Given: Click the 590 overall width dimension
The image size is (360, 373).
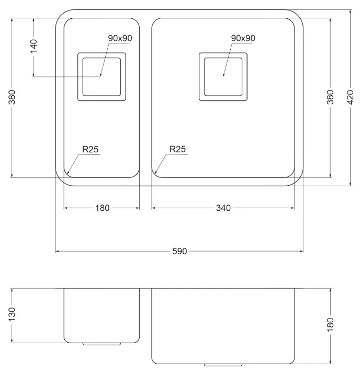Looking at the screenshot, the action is point(179,251).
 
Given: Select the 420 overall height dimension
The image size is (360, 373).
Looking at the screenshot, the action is point(351,97).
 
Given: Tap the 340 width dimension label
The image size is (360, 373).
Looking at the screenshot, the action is point(223,208).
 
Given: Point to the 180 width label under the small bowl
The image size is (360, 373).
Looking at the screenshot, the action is point(103,208).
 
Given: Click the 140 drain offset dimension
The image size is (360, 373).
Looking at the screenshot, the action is point(33,46).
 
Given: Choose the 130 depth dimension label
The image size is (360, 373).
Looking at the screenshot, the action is point(12,314).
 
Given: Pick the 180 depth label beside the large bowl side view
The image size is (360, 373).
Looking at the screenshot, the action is point(330,324).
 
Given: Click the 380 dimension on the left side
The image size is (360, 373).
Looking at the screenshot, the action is point(12,97).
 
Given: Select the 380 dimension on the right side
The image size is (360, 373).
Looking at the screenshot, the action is point(330,97).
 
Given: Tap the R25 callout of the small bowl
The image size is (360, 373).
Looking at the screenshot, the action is point(90,150).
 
